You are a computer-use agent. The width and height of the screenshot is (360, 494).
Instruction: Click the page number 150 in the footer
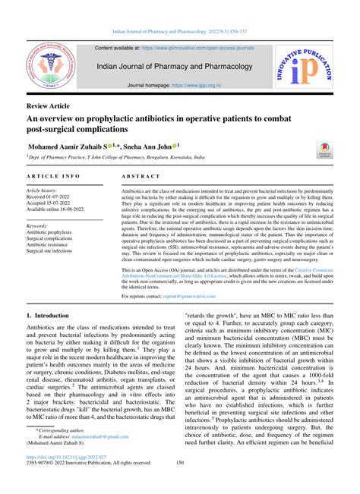tap(180, 483)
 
